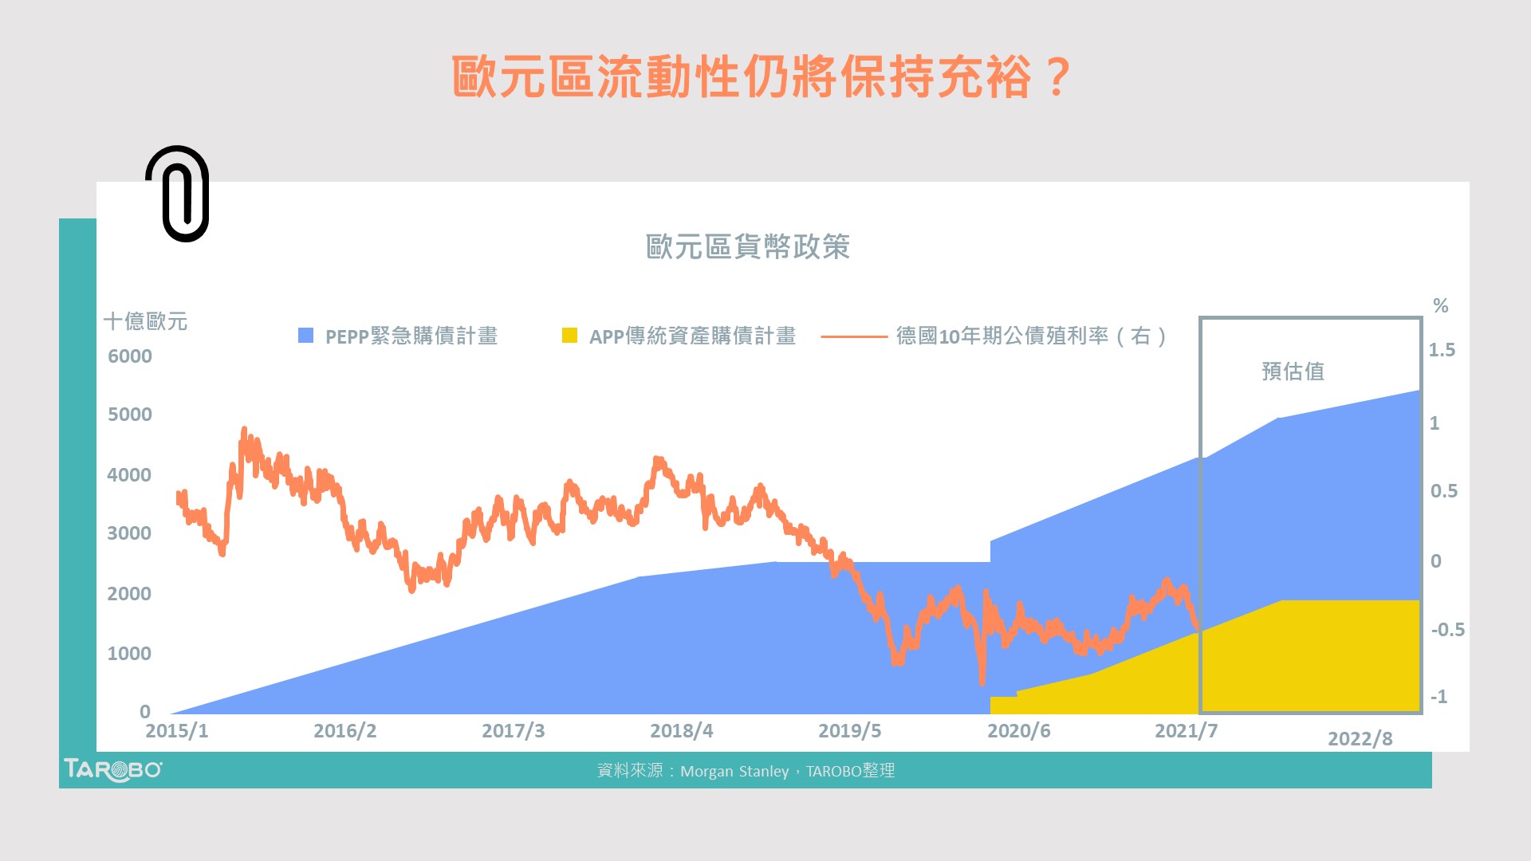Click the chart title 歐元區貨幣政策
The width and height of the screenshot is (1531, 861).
coord(747,247)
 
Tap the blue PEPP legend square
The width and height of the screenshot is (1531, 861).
coord(305,336)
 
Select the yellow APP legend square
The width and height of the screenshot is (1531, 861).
coord(569,336)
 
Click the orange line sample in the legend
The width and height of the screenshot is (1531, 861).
coord(853,336)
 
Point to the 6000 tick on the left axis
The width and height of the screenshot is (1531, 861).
coord(130,356)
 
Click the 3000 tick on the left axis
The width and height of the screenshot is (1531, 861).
coord(129,533)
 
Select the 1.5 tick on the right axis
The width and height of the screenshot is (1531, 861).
coord(1441,350)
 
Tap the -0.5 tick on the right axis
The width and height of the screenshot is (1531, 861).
coord(1446,630)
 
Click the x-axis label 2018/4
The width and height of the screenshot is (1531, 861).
coord(681,731)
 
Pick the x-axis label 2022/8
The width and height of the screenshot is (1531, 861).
coord(1360,739)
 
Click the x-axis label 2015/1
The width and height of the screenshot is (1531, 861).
coord(176,731)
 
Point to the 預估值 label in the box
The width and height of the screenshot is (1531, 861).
coord(1293,372)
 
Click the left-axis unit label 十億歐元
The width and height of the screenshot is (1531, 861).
coord(145,321)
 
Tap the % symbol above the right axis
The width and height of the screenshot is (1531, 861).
coord(1440,305)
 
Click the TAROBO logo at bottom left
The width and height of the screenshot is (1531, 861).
coord(112,769)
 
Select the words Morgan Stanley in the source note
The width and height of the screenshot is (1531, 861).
coord(734,772)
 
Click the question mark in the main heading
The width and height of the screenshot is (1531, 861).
coord(1058,77)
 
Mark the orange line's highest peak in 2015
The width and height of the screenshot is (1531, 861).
coord(244,430)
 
